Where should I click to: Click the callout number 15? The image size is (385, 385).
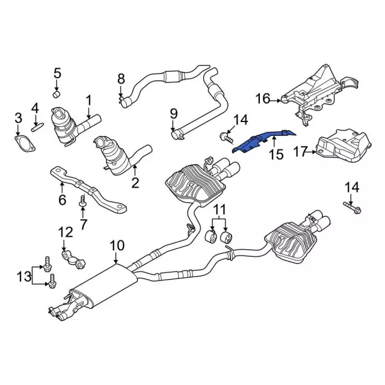click(x=276, y=155)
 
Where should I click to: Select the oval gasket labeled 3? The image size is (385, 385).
click(x=25, y=144)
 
